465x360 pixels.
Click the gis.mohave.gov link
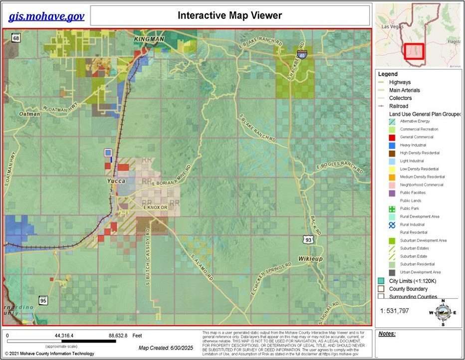[x=46, y=16]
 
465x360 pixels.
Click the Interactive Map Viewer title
[x=230, y=15]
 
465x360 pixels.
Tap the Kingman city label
[x=149, y=39]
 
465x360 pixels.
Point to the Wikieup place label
[x=311, y=259]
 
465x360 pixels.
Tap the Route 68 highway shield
[x=16, y=38]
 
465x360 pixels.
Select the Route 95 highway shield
[x=43, y=301]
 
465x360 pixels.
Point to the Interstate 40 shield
[x=301, y=53]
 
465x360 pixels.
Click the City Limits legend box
[x=381, y=281]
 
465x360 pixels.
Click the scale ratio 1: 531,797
[x=394, y=311]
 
